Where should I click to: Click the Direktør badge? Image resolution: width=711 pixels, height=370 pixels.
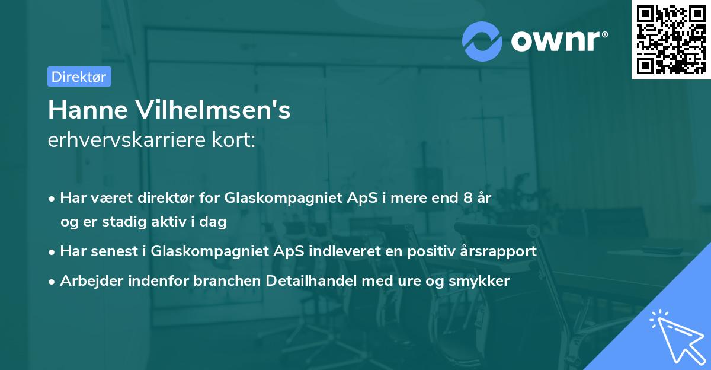(x=79, y=76)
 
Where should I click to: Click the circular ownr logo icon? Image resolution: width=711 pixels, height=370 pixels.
(x=482, y=41)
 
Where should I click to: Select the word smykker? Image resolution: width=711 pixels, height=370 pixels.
(x=481, y=281)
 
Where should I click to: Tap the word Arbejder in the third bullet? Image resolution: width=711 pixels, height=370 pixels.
(x=88, y=281)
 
